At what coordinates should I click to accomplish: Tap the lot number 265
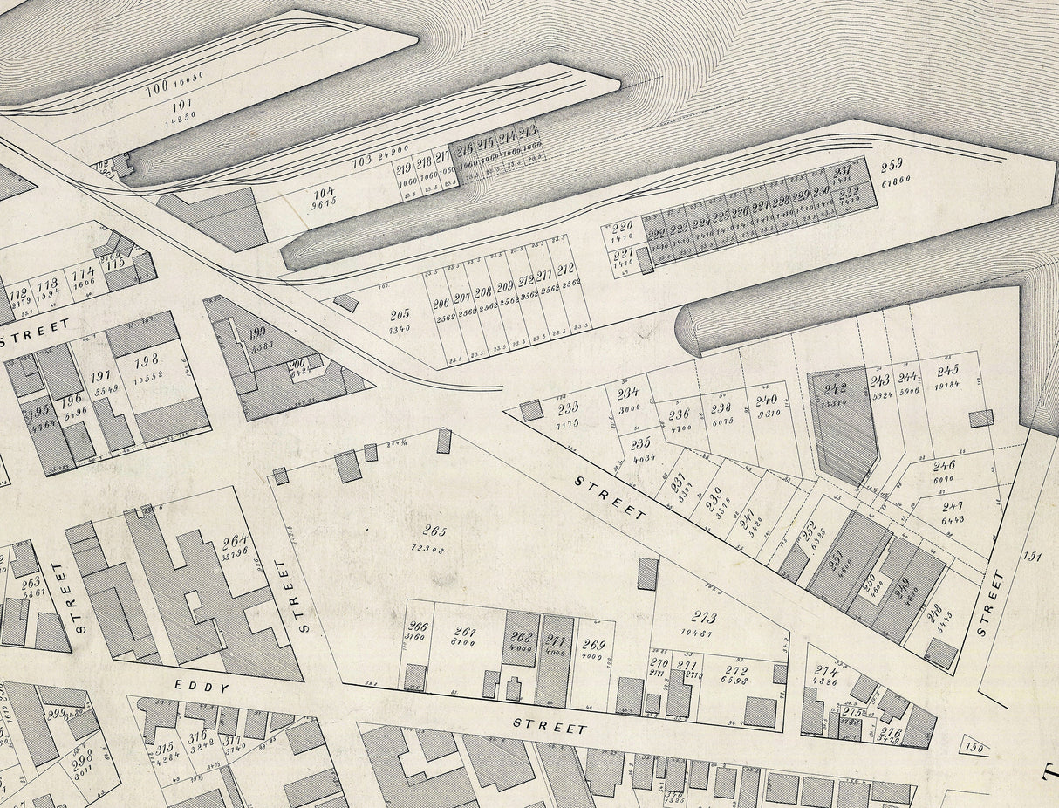[434, 530]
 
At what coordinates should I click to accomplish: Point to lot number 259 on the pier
[891, 164]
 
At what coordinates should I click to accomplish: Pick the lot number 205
[400, 314]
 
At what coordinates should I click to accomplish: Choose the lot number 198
[147, 358]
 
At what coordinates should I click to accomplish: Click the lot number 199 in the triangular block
[257, 332]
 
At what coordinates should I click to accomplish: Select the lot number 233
[567, 408]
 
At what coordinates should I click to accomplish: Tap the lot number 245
[947, 370]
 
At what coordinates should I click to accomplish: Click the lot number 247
[952, 506]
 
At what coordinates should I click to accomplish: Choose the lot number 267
[466, 632]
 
